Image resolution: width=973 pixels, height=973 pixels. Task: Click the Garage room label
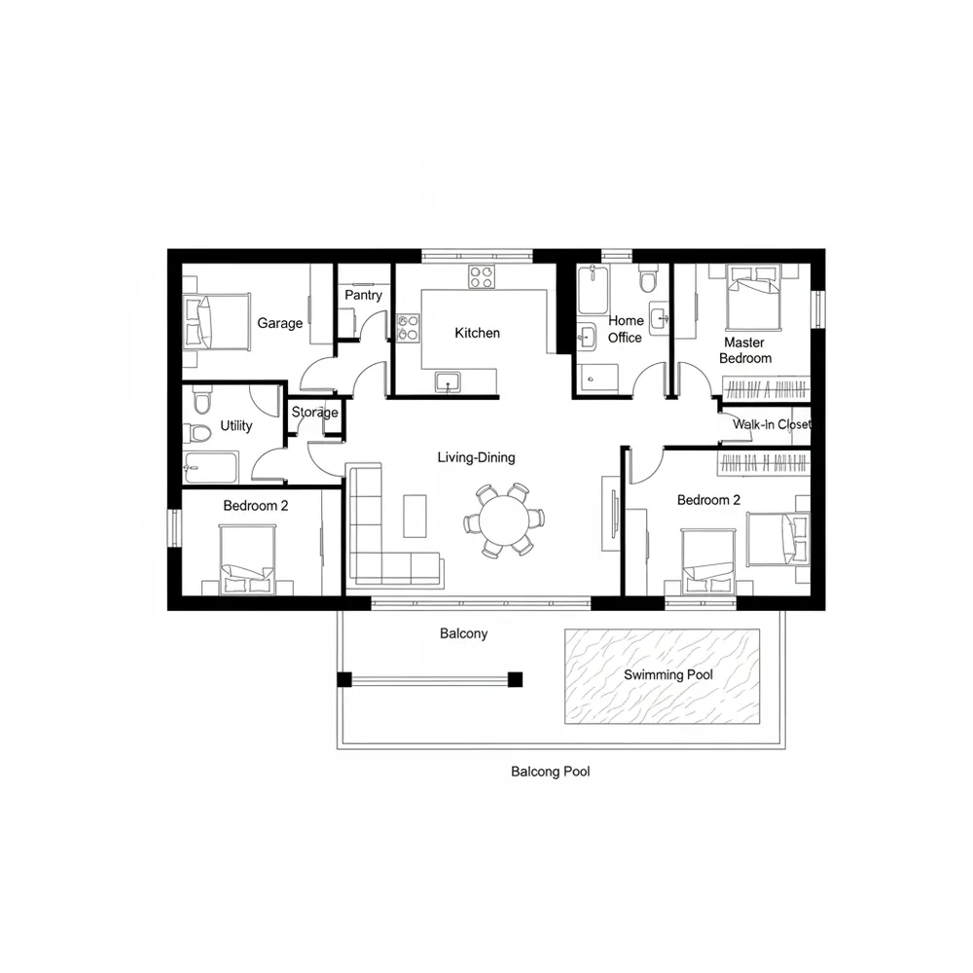[279, 323]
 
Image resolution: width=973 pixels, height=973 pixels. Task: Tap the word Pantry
[363, 295]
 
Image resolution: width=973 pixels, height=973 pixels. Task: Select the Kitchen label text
[477, 333]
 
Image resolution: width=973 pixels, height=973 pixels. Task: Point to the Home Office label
[626, 329]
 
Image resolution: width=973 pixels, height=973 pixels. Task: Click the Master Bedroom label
[744, 350]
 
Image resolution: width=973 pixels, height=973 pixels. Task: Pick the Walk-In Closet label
[771, 424]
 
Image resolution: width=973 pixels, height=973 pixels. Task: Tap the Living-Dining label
[476, 457]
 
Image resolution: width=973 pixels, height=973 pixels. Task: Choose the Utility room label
[236, 425]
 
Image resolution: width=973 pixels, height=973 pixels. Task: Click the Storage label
[314, 413]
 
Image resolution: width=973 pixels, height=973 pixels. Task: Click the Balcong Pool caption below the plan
[550, 772]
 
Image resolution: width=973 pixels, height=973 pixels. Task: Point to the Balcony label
[463, 633]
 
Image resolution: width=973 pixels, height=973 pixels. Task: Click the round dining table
[503, 519]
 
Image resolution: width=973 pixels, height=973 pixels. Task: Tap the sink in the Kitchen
[448, 381]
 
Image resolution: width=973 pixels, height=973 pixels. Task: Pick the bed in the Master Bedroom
[755, 297]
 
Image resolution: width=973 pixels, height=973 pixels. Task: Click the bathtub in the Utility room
[210, 467]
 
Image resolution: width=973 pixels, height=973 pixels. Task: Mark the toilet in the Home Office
[648, 280]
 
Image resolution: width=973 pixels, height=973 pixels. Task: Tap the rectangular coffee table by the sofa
[414, 516]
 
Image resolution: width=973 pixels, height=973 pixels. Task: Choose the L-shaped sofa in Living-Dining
[375, 545]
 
